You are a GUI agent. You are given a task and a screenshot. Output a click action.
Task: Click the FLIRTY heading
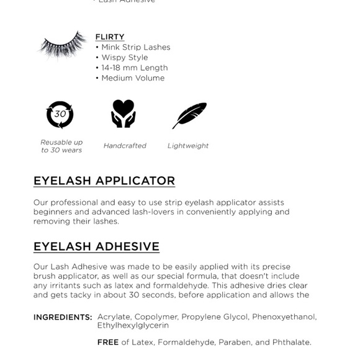[110, 37]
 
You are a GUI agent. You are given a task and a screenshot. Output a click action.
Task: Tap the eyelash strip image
[62, 45]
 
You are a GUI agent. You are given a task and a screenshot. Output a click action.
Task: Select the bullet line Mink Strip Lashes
[133, 47]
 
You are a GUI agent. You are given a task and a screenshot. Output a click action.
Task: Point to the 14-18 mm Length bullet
[132, 68]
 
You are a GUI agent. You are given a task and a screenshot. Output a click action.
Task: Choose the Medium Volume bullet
[130, 78]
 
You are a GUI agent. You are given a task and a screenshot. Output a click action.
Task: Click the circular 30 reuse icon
[60, 114]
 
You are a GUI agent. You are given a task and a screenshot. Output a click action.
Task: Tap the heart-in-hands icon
[123, 114]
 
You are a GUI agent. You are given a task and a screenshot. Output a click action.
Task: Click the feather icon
[189, 115]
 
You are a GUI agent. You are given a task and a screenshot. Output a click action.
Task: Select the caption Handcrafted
[125, 146]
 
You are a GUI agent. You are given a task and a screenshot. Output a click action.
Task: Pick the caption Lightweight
[188, 146]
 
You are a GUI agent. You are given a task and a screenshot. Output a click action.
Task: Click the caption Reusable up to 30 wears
[61, 146]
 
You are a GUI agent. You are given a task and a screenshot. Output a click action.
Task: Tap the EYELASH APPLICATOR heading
[104, 181]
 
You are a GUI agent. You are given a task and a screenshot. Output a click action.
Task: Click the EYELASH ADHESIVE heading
[96, 246]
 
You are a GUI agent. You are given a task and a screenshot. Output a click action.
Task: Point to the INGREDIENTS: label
[63, 317]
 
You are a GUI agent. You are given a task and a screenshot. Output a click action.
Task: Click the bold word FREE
[108, 342]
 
